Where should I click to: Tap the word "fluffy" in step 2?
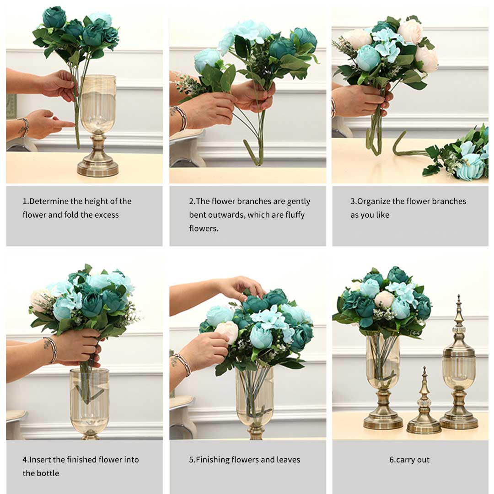click(x=293, y=215)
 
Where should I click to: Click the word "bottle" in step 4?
click(x=47, y=473)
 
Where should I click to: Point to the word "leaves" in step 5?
click(x=288, y=460)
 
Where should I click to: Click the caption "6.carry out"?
click(x=409, y=460)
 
